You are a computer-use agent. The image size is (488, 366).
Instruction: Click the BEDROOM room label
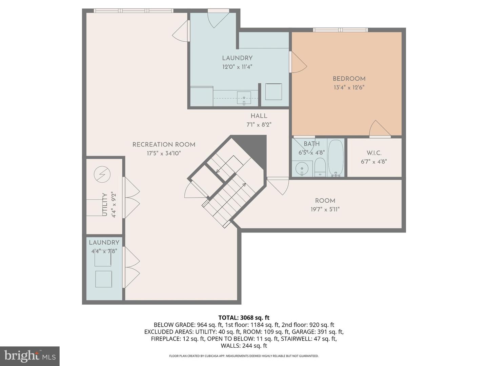(349, 79)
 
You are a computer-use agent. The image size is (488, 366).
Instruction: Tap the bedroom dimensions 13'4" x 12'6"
(349, 87)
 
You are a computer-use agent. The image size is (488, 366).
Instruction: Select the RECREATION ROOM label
(164, 145)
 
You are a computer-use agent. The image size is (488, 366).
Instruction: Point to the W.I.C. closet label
(374, 153)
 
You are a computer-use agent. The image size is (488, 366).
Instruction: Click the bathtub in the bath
(335, 158)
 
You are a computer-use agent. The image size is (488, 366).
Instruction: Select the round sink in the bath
(302, 168)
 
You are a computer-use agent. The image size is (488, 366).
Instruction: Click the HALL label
(259, 116)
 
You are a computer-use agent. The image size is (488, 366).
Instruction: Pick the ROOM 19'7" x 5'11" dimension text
(325, 209)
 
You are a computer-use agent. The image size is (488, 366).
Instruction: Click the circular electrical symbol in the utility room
(102, 175)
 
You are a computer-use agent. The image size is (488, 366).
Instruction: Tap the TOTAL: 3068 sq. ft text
(244, 318)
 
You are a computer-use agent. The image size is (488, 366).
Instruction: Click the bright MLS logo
(30, 356)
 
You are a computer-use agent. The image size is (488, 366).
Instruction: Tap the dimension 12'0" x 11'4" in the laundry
(237, 67)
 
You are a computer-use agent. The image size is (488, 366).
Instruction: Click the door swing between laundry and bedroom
(298, 63)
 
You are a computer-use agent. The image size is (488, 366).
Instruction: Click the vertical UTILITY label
(105, 205)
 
